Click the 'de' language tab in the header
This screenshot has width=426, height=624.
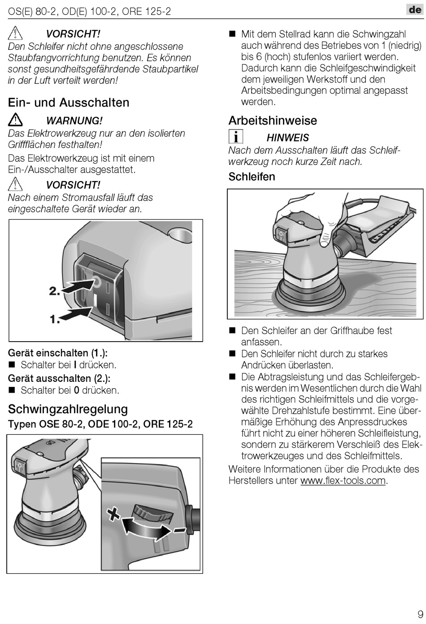point(415,9)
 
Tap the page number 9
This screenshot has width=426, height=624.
point(419,614)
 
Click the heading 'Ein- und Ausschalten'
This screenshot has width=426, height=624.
point(69,103)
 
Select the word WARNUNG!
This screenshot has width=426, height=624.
point(74,121)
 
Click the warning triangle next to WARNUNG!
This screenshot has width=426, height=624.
point(16,120)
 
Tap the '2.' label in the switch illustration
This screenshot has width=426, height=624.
point(54,291)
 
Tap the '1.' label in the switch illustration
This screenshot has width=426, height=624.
point(55,319)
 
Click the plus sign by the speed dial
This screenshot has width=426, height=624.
point(113,512)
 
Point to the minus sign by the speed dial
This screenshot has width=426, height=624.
point(180,531)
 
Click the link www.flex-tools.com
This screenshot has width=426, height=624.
point(343,481)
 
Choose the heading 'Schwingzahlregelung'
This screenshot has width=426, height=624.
point(68,409)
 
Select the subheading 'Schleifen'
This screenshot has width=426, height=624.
point(252,177)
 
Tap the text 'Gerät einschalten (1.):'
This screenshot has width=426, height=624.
point(58,353)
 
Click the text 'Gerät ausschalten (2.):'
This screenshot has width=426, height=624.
point(59,378)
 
